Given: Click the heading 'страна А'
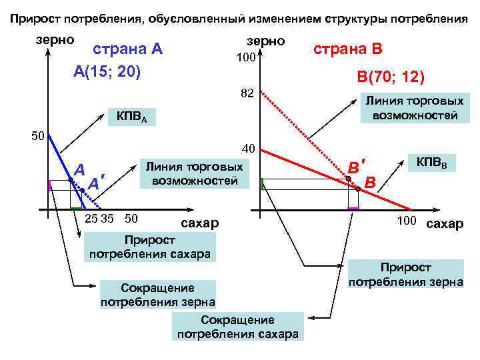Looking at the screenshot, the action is pyautogui.click(x=127, y=50).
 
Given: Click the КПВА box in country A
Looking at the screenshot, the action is pyautogui.click(x=132, y=119).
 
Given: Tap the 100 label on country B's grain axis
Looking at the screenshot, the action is pyautogui.click(x=246, y=59).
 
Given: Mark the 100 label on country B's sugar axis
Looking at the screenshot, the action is pyautogui.click(x=405, y=221).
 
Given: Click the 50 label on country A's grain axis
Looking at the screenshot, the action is pyautogui.click(x=38, y=137).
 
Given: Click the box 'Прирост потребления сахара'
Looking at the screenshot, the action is pyautogui.click(x=149, y=246).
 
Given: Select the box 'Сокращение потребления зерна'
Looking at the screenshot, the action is pyautogui.click(x=157, y=294).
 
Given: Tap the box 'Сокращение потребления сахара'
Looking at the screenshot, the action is pyautogui.click(x=237, y=327).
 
